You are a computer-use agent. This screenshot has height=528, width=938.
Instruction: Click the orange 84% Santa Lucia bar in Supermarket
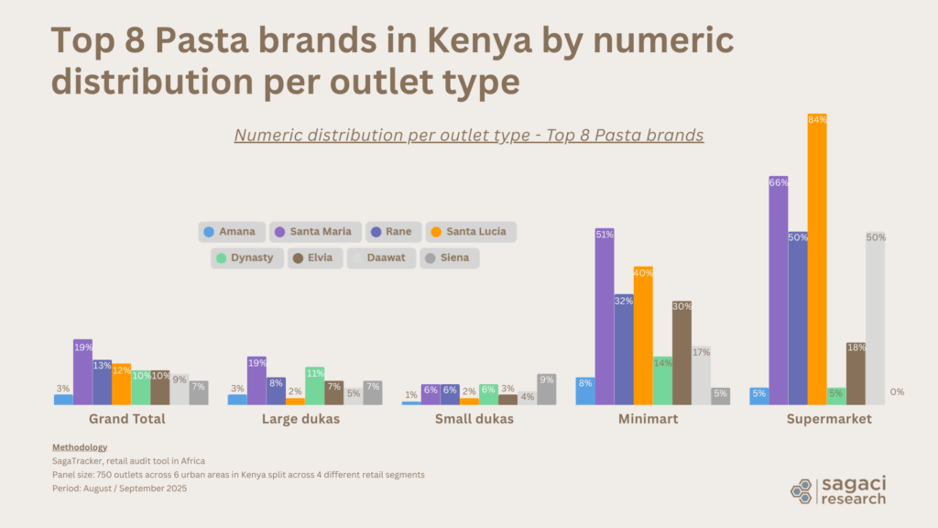[x=817, y=261]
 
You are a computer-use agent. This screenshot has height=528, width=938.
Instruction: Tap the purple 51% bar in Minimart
[x=605, y=317]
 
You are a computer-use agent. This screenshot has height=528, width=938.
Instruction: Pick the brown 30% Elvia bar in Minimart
[x=682, y=354]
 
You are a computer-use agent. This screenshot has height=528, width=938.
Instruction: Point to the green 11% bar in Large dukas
[x=314, y=386]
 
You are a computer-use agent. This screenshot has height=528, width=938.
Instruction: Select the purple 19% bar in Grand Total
[x=82, y=372]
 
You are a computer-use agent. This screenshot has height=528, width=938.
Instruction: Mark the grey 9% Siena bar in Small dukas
[x=546, y=390]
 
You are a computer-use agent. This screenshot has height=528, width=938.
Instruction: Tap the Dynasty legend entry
[x=244, y=258]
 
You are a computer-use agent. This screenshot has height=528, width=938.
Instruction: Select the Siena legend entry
[x=449, y=258]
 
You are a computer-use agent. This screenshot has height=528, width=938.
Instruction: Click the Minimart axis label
[x=652, y=420]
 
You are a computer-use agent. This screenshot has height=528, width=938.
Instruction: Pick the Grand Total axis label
[x=126, y=420]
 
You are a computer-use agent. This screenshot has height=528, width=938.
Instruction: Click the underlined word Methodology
[x=80, y=447]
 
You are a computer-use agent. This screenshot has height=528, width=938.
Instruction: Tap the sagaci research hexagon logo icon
[x=802, y=490]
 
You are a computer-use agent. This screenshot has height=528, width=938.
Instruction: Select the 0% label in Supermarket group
[x=897, y=392]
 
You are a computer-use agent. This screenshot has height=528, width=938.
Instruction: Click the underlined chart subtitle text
[x=468, y=135]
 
